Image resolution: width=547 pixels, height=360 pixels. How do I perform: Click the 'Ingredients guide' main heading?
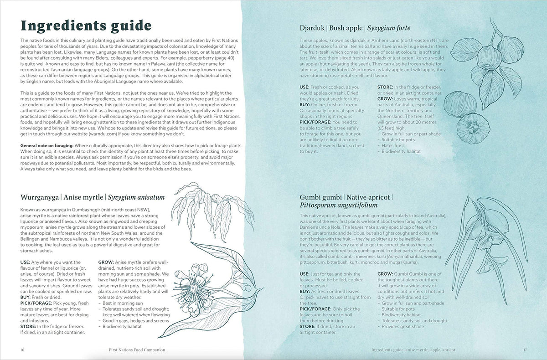(x=86, y=26)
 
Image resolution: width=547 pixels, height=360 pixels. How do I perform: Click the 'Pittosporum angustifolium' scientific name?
(x=339, y=205)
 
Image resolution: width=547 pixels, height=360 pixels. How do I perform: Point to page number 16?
(x=22, y=350)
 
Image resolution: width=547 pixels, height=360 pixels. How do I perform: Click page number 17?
(x=524, y=350)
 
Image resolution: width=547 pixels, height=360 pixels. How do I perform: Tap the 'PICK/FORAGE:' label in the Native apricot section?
(x=316, y=309)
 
